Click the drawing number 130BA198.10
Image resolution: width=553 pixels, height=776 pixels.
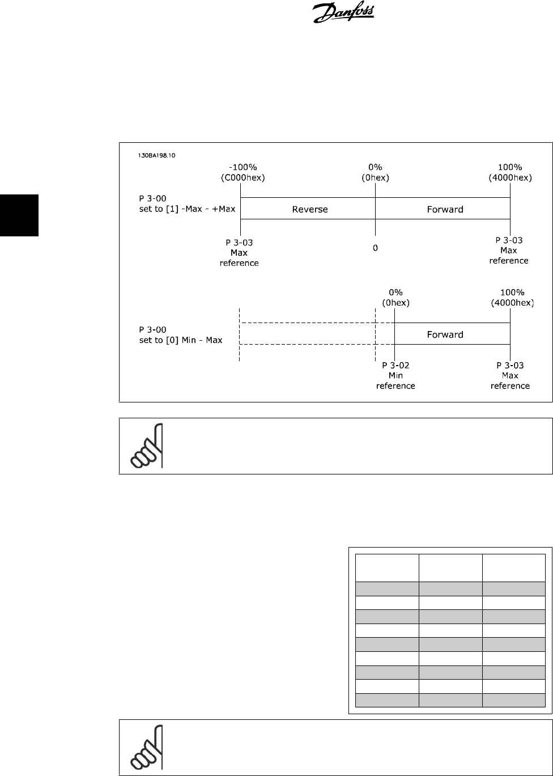click(x=156, y=155)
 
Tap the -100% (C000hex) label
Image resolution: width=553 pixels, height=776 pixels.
click(x=243, y=172)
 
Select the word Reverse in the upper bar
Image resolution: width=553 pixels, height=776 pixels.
click(x=310, y=209)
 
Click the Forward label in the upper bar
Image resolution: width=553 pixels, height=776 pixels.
click(x=445, y=209)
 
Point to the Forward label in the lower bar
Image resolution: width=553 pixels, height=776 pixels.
click(x=445, y=334)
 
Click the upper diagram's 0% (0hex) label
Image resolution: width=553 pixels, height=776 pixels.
click(x=375, y=172)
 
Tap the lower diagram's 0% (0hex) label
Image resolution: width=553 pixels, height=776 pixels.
click(x=396, y=298)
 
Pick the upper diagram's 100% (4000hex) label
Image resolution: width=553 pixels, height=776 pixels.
click(x=510, y=172)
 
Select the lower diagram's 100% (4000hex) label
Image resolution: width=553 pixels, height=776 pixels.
click(x=512, y=298)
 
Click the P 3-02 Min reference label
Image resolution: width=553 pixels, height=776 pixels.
click(x=395, y=375)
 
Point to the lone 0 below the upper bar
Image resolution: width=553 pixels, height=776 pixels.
click(x=375, y=248)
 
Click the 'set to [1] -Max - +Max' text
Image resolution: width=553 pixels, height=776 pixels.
click(x=187, y=209)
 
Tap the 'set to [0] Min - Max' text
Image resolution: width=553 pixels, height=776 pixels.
click(x=180, y=340)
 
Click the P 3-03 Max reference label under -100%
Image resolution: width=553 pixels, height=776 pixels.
click(x=239, y=253)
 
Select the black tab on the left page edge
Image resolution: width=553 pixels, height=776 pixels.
click(x=19, y=215)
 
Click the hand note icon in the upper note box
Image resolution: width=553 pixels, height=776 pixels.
click(x=147, y=446)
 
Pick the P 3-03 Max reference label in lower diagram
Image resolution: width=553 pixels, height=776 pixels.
click(x=510, y=375)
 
